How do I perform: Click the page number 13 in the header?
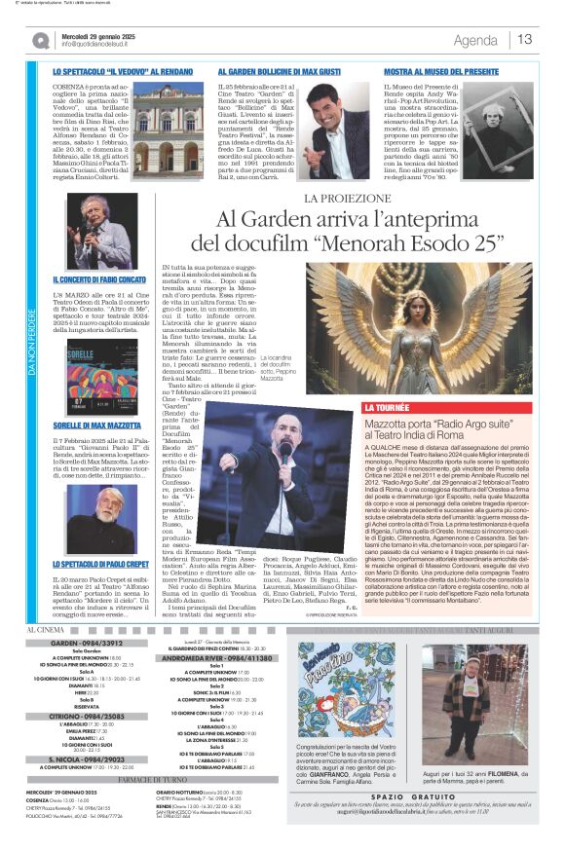(x=525, y=40)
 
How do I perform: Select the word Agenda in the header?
(x=475, y=40)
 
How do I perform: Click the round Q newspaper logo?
(x=40, y=40)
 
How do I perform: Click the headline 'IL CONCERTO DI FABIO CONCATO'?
(x=100, y=279)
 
